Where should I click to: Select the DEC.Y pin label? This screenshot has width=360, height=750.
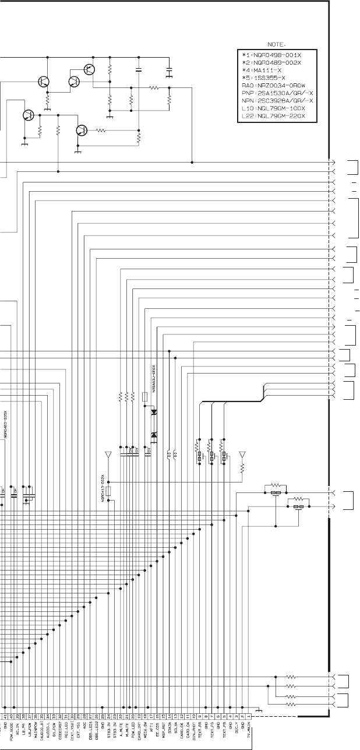(x=236, y=735)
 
